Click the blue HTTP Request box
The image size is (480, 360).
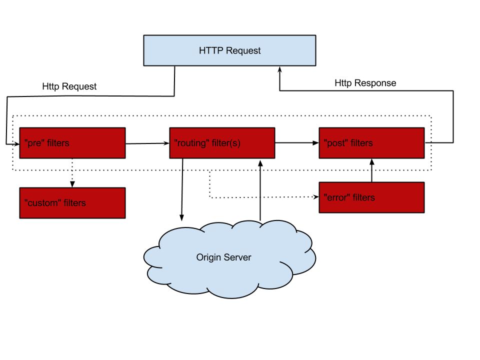point(229,50)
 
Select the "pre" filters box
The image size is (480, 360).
point(72,143)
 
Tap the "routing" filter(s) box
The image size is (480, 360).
point(222,143)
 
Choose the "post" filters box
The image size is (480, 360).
point(371,143)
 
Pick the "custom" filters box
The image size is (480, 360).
point(72,203)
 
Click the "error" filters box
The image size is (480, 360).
point(371,197)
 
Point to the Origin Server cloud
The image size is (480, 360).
point(229,260)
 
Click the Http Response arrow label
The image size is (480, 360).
point(365,83)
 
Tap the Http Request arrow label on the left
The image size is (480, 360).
point(69,86)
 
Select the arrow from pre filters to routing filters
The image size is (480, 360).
point(147,143)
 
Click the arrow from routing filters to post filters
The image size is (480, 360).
point(296,143)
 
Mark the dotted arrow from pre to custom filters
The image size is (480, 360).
point(72,172)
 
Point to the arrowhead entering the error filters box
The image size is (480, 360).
point(316,197)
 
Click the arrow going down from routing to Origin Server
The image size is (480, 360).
point(182,190)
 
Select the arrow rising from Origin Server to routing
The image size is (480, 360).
point(260,190)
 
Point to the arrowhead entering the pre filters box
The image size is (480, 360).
point(16,143)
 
